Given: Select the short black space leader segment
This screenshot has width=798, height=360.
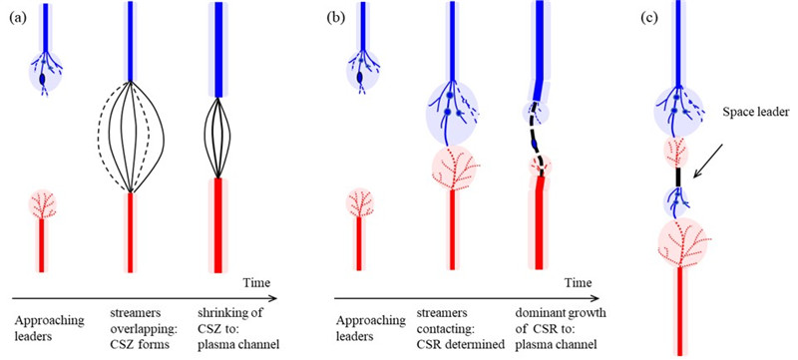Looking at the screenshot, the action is tap(678, 177).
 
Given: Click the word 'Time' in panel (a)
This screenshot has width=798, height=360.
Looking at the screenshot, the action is tap(255, 282).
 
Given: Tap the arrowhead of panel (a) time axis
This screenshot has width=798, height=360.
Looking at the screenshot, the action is tap(273, 299).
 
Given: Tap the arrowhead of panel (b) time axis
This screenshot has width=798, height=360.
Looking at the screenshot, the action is tap(596, 299).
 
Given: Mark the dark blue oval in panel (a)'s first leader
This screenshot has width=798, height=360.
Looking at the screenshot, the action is tap(42, 80).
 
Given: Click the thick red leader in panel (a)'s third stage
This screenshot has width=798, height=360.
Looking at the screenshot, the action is tap(217, 225).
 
